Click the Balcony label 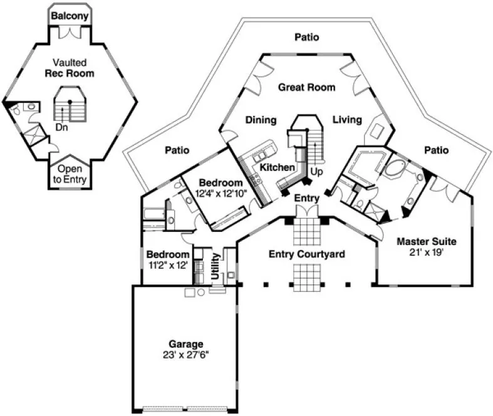click(x=70, y=16)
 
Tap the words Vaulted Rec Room click(x=69, y=68)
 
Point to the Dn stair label click(x=62, y=127)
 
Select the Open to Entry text click(x=70, y=174)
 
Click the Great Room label click(x=306, y=87)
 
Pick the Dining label click(x=261, y=120)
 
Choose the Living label click(x=347, y=120)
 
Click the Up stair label click(x=318, y=170)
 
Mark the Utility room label click(x=216, y=265)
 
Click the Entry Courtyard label click(x=307, y=254)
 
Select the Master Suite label click(x=426, y=241)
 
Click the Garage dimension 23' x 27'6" click(x=185, y=354)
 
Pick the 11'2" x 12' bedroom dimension click(x=167, y=265)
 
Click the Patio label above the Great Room click(x=306, y=38)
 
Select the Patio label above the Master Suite click(x=436, y=150)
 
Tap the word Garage click(x=185, y=343)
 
